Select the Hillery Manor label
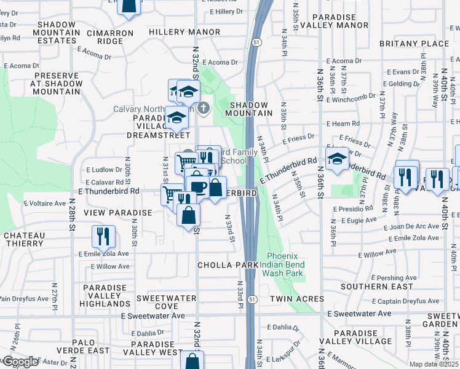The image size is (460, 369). tap(184, 31)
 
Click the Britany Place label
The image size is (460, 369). tap(414, 44)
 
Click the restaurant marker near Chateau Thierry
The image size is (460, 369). tap(103, 236)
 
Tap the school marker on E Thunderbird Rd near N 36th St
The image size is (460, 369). tap(336, 159)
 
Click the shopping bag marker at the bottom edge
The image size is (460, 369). tap(193, 360)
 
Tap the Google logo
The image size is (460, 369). tap(20, 362)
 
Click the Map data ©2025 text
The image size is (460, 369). tap(434, 364)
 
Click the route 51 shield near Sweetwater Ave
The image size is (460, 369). tap(253, 299)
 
